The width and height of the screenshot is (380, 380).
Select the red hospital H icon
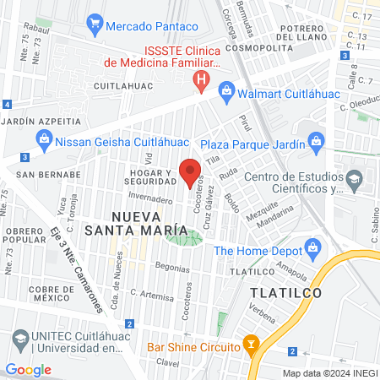[201, 81]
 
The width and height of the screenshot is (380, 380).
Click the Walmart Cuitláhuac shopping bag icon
[226, 90]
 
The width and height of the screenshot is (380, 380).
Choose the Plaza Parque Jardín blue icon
[316, 139]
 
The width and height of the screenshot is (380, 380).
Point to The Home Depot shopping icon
[314, 249]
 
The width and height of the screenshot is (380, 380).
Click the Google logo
[28, 370]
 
